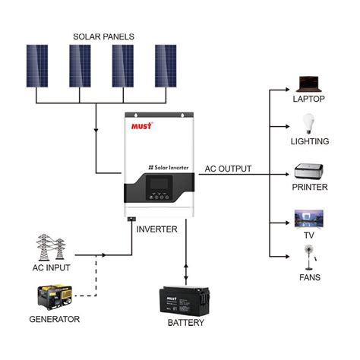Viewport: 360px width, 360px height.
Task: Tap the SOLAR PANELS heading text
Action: pos(103,36)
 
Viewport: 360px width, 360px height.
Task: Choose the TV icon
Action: pos(309,219)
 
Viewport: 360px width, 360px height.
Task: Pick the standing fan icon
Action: pos(308,258)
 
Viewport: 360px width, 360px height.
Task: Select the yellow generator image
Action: pos(53,296)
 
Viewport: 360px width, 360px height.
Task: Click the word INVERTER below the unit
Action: pos(157,229)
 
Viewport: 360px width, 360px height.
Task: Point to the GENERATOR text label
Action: pos(54,320)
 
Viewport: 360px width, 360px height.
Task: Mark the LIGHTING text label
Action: pos(310,141)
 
